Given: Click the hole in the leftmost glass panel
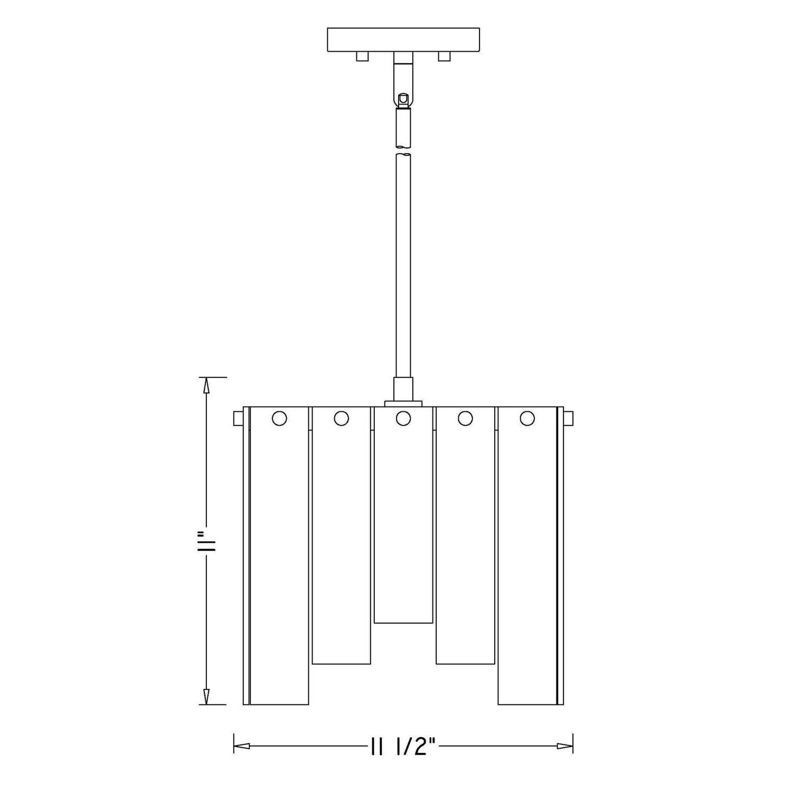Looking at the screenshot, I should [279, 419].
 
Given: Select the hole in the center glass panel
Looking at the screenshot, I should [403, 419].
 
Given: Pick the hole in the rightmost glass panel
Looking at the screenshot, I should [527, 419].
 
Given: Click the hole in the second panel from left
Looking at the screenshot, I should [341, 419].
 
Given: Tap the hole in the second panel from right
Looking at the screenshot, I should [465, 419].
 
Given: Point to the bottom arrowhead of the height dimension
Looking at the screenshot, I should [206, 696].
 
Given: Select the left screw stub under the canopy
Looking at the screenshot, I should [362, 56].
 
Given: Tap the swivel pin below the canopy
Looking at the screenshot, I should [403, 98].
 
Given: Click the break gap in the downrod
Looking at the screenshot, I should [403, 150].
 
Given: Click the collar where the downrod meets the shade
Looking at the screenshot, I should [403, 391].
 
